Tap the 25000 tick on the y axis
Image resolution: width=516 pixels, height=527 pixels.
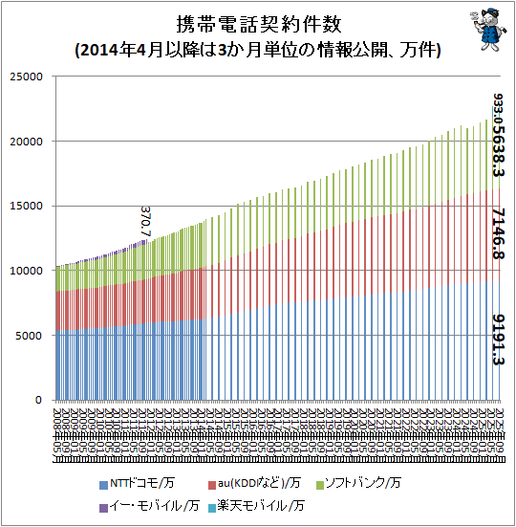coord(28,77)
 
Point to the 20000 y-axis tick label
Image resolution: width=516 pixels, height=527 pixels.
coord(28,142)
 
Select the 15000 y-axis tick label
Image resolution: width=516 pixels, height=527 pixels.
coord(28,206)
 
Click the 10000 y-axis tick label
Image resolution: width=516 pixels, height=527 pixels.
coord(28,271)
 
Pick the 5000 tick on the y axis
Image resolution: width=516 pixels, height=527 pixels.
coord(31,336)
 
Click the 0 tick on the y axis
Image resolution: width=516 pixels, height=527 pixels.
coord(41,400)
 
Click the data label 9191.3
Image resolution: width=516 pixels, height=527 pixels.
coord(498,340)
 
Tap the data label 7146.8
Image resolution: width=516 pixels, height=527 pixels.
coord(498,231)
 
